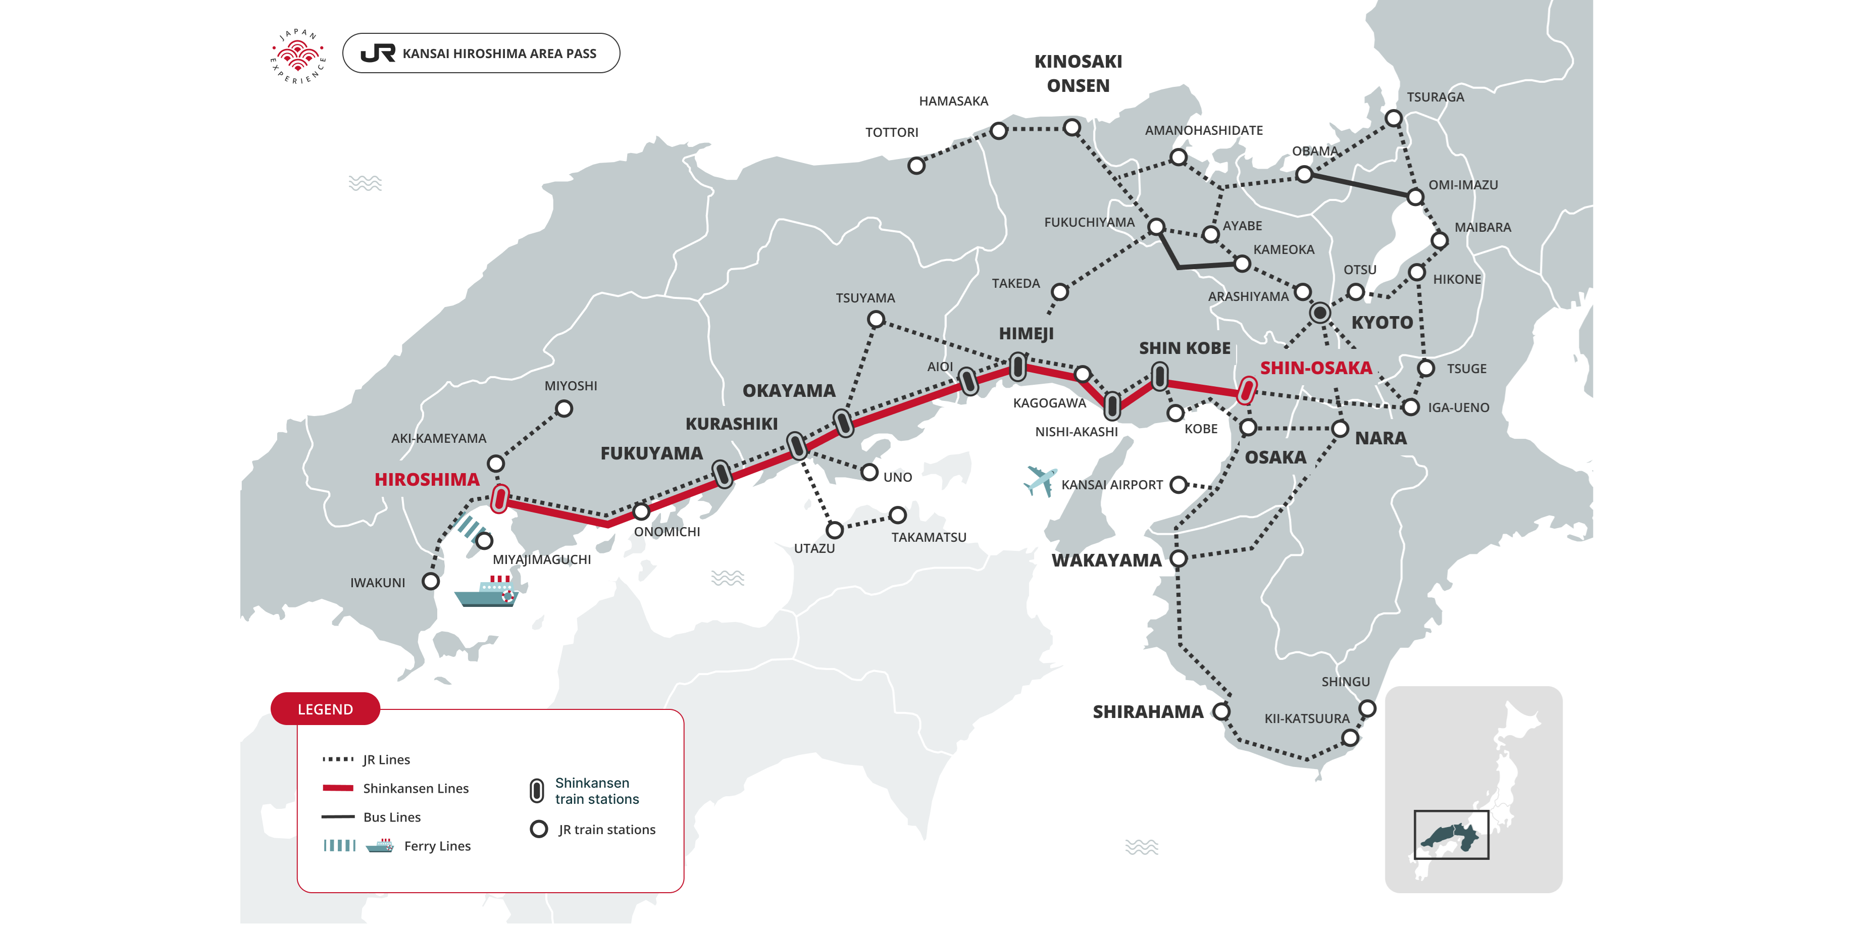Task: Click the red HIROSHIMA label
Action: point(427,480)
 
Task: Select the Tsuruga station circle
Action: point(1393,118)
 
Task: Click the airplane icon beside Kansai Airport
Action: point(1039,481)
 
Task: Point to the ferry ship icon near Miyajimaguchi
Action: point(487,592)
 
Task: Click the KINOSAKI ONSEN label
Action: point(1077,73)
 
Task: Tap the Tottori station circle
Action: point(916,166)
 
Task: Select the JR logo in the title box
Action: point(378,53)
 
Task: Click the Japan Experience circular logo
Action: point(298,56)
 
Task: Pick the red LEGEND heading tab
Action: point(325,709)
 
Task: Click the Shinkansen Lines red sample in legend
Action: point(338,788)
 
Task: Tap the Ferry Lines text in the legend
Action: point(437,846)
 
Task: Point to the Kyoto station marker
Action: point(1319,313)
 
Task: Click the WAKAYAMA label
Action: point(1106,560)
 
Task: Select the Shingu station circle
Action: point(1367,708)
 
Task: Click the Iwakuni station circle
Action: point(430,581)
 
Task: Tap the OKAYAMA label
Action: point(789,391)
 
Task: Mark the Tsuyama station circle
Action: point(876,320)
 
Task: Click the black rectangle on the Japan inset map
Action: point(1451,835)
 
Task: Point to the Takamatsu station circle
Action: point(897,515)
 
